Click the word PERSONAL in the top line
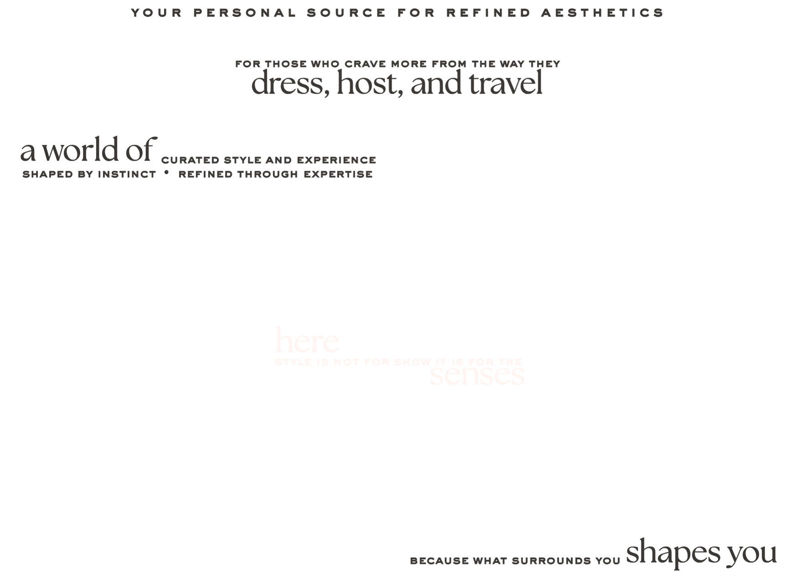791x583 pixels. point(244,13)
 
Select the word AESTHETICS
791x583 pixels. point(602,13)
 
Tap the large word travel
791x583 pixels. point(506,84)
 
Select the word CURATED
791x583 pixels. point(189,161)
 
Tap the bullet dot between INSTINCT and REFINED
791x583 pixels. point(166,173)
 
